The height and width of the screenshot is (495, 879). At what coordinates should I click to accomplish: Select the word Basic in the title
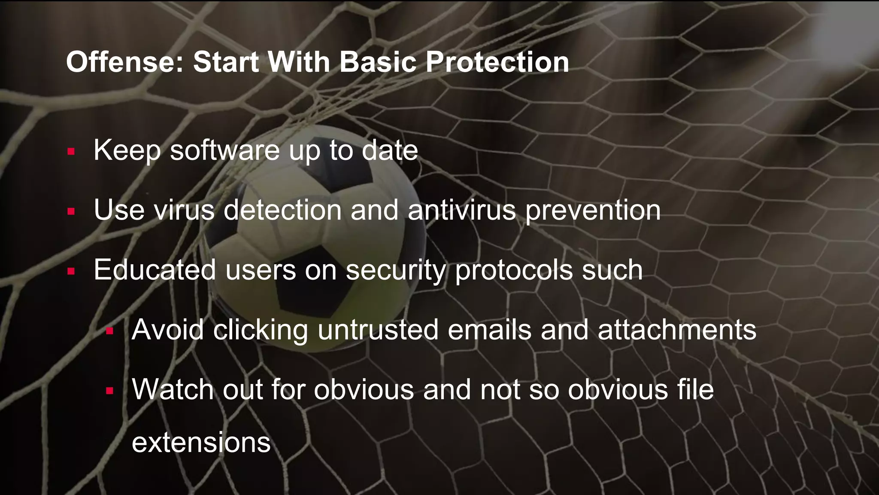(x=378, y=62)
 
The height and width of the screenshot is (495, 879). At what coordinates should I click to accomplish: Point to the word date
(x=390, y=150)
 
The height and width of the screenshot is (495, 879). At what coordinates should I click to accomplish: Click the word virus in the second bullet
(x=184, y=210)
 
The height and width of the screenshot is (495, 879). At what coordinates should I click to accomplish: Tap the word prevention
(x=593, y=211)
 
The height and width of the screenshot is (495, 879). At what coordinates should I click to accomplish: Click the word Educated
(x=155, y=270)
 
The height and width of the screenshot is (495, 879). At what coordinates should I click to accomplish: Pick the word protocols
(x=514, y=271)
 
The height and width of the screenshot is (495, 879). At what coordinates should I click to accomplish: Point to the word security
(x=396, y=271)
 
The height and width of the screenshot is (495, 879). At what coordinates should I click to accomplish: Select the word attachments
(x=677, y=330)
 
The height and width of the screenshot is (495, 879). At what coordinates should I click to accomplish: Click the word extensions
(x=201, y=442)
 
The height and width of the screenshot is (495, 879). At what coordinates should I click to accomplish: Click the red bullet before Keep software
(x=71, y=151)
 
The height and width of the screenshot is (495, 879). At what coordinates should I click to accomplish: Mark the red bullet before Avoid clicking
(x=109, y=331)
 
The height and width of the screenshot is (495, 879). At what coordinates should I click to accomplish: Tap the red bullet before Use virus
(x=71, y=211)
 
